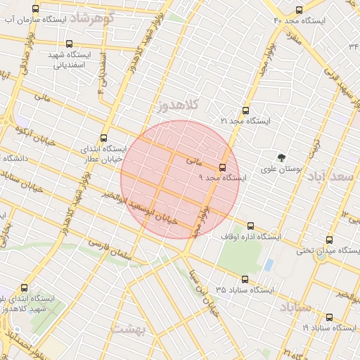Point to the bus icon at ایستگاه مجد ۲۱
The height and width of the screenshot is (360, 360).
245,110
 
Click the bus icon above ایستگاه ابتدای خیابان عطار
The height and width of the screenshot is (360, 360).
105,139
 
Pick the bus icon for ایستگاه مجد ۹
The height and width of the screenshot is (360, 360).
223,167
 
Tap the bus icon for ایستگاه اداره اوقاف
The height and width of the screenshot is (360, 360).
251,226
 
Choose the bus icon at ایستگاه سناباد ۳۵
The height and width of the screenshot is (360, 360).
244,279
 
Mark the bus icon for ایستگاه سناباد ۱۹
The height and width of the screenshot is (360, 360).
328,317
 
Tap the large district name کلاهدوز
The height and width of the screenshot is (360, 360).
179,105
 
